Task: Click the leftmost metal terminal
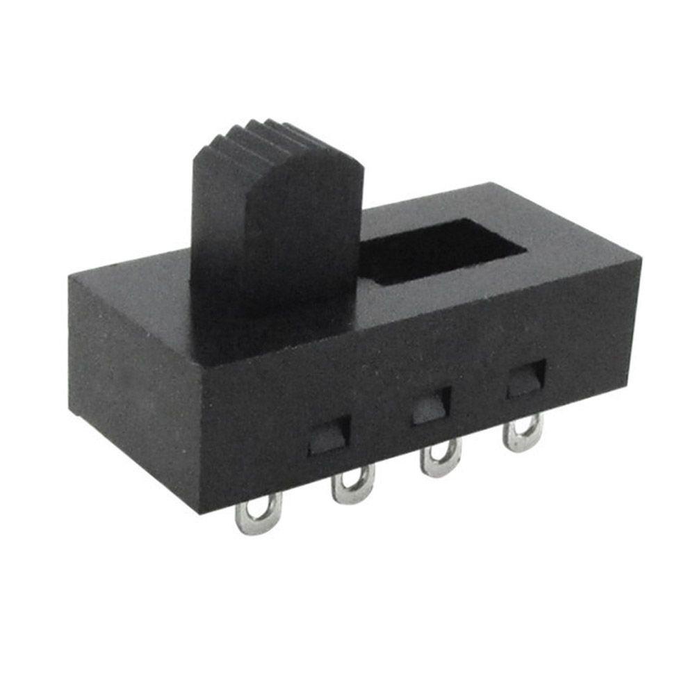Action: tap(259, 514)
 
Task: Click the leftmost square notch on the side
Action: tap(329, 436)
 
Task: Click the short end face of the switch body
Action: tap(132, 389)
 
